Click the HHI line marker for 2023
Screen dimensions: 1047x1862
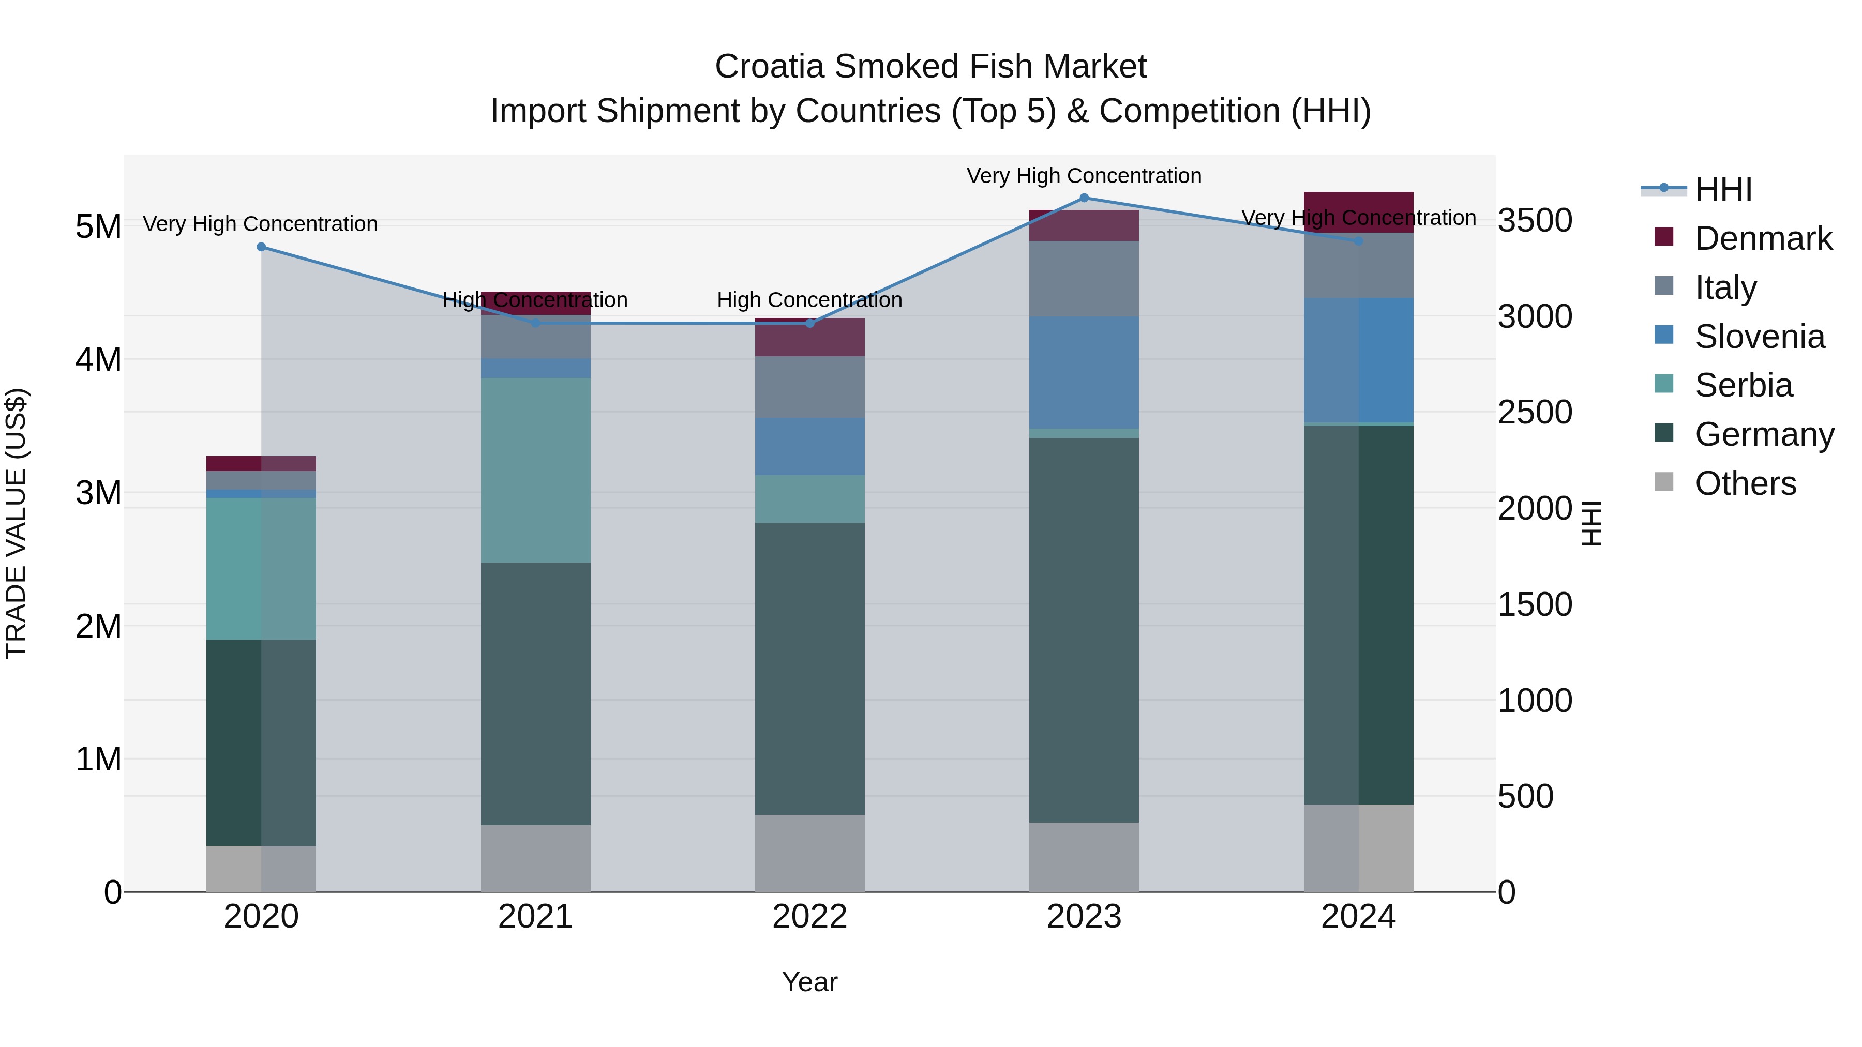pyautogui.click(x=1084, y=198)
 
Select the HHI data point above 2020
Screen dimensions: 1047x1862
pyautogui.click(x=262, y=247)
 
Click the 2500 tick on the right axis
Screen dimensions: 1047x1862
pyautogui.click(x=1535, y=413)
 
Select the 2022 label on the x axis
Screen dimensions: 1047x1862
pyautogui.click(x=809, y=917)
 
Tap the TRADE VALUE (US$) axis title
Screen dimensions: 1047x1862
pyautogui.click(x=17, y=523)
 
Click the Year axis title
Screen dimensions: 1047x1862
pyautogui.click(x=809, y=982)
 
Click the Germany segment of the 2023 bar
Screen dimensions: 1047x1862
pyautogui.click(x=1084, y=629)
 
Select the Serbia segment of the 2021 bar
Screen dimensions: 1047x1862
pyautogui.click(x=536, y=469)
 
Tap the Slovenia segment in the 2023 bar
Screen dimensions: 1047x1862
pyautogui.click(x=1084, y=372)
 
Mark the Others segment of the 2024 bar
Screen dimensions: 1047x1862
pyautogui.click(x=1358, y=847)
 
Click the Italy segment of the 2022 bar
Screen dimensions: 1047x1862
pyautogui.click(x=809, y=387)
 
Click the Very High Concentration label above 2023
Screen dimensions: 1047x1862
pyautogui.click(x=1084, y=176)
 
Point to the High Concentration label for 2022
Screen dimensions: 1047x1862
pyautogui.click(x=809, y=300)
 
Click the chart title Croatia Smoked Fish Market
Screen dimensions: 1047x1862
pyautogui.click(x=930, y=67)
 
